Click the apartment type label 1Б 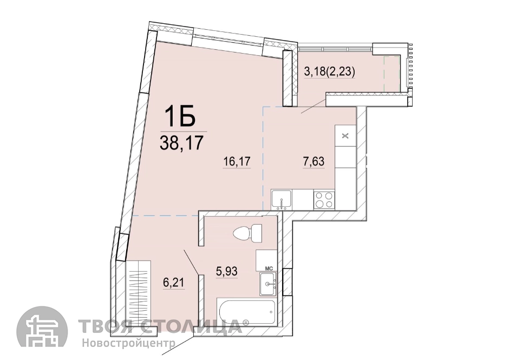(x=180, y=116)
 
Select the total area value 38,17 (x=181, y=143)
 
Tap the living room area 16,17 (x=237, y=161)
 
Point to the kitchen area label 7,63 (x=314, y=161)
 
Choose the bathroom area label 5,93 (x=227, y=271)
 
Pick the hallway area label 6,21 (x=174, y=283)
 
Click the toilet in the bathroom (x=247, y=233)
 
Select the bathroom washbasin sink (x=268, y=284)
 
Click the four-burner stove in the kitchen (x=324, y=200)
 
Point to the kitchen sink (x=282, y=200)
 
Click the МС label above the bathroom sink (x=269, y=268)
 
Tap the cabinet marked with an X (x=345, y=136)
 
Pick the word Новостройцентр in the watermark (x=128, y=343)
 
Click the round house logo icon (x=42, y=332)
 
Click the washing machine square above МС (x=266, y=260)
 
